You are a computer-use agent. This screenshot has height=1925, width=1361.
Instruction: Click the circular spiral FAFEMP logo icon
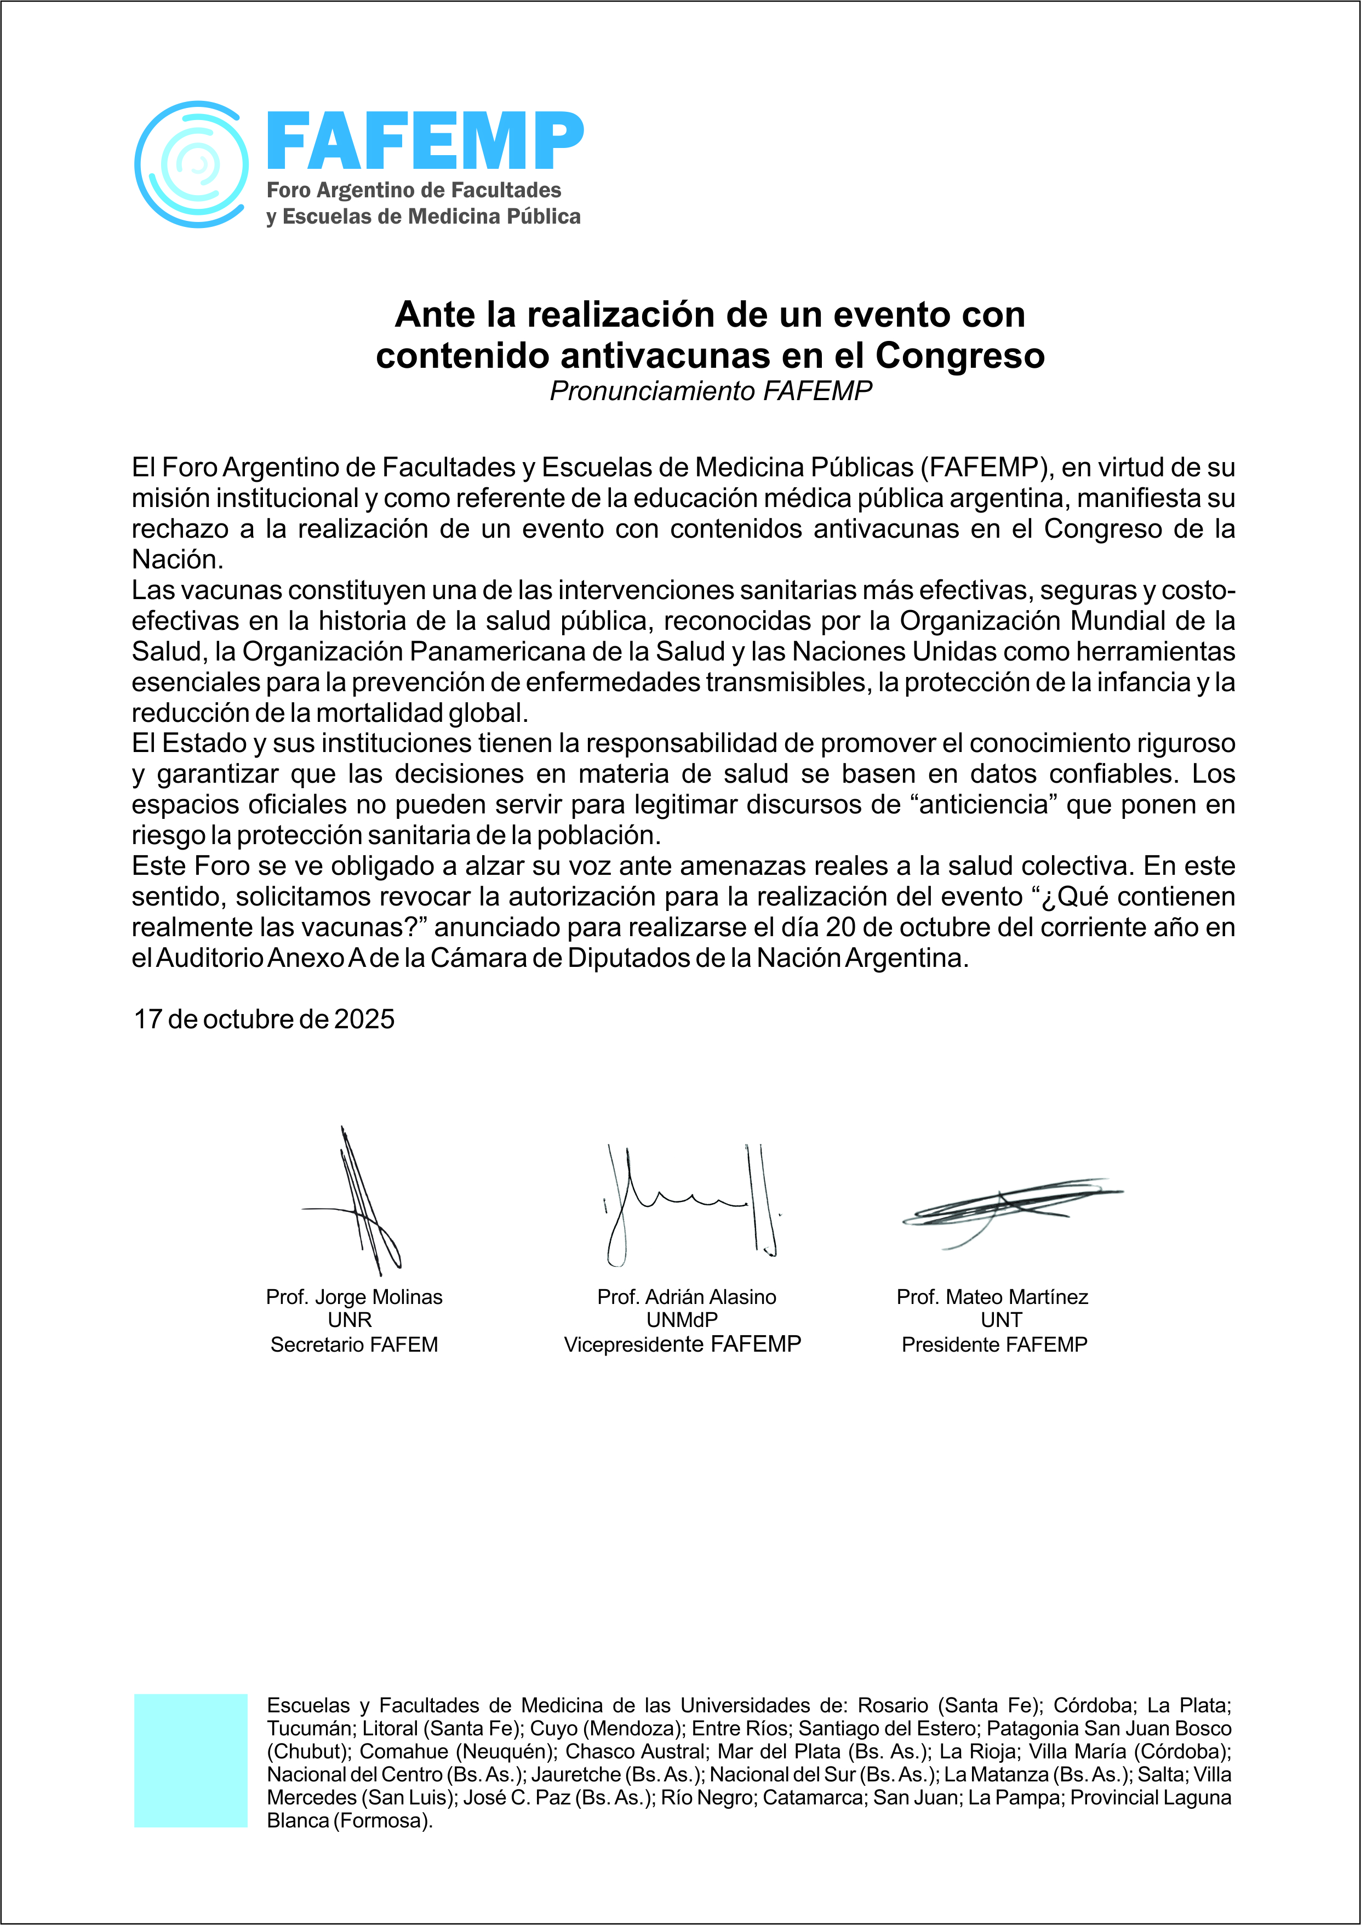pos(191,164)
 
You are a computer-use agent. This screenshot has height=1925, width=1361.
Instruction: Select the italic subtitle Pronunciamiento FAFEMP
pos(710,391)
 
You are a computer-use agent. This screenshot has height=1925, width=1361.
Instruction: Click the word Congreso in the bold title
pos(959,356)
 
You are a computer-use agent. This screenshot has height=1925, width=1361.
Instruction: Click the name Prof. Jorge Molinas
pos(353,1297)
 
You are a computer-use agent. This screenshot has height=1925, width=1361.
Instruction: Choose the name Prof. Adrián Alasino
pos(687,1297)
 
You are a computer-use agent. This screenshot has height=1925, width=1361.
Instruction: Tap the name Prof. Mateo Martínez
pos(992,1297)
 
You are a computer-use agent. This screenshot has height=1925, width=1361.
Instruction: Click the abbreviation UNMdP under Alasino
pos(682,1320)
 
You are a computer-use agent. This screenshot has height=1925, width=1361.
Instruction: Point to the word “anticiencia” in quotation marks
pos(979,804)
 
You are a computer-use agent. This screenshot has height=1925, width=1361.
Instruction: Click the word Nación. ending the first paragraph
pos(177,559)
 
